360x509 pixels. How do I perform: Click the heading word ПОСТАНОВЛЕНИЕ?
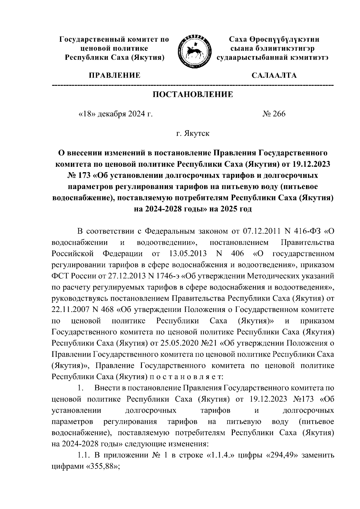193,95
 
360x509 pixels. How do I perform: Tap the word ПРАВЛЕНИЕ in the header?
114,75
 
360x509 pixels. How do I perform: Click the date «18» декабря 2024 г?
115,114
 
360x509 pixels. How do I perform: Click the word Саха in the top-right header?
239,39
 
